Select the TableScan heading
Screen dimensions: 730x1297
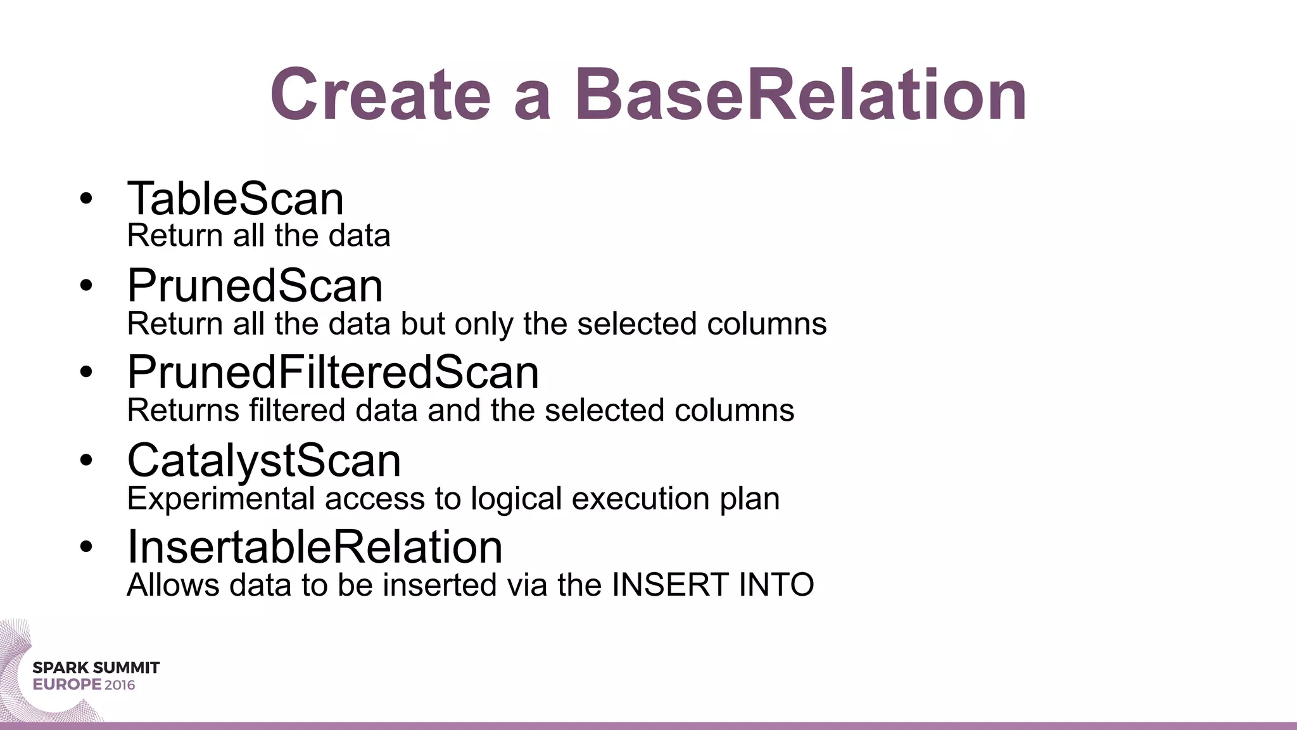(x=236, y=199)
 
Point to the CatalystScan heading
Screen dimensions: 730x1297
(x=264, y=461)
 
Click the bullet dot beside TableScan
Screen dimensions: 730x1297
(x=86, y=199)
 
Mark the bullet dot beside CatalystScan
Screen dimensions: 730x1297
(x=86, y=461)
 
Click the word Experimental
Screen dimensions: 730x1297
(x=221, y=499)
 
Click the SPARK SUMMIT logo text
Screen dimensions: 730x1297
(x=96, y=668)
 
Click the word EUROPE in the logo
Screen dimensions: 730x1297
(x=67, y=685)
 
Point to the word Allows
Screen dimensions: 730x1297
(x=173, y=585)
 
